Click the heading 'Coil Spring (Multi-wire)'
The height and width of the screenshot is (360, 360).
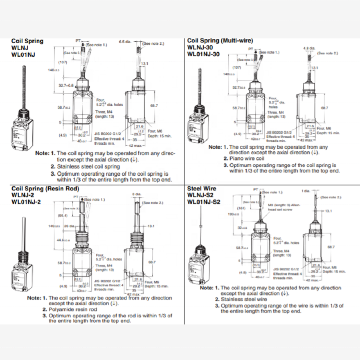coord(220,41)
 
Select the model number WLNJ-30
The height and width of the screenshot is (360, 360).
coord(198,47)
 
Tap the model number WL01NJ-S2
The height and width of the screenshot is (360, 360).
coord(204,202)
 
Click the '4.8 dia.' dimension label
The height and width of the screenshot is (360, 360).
coord(309,48)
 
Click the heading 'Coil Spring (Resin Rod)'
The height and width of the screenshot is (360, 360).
coord(45,188)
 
